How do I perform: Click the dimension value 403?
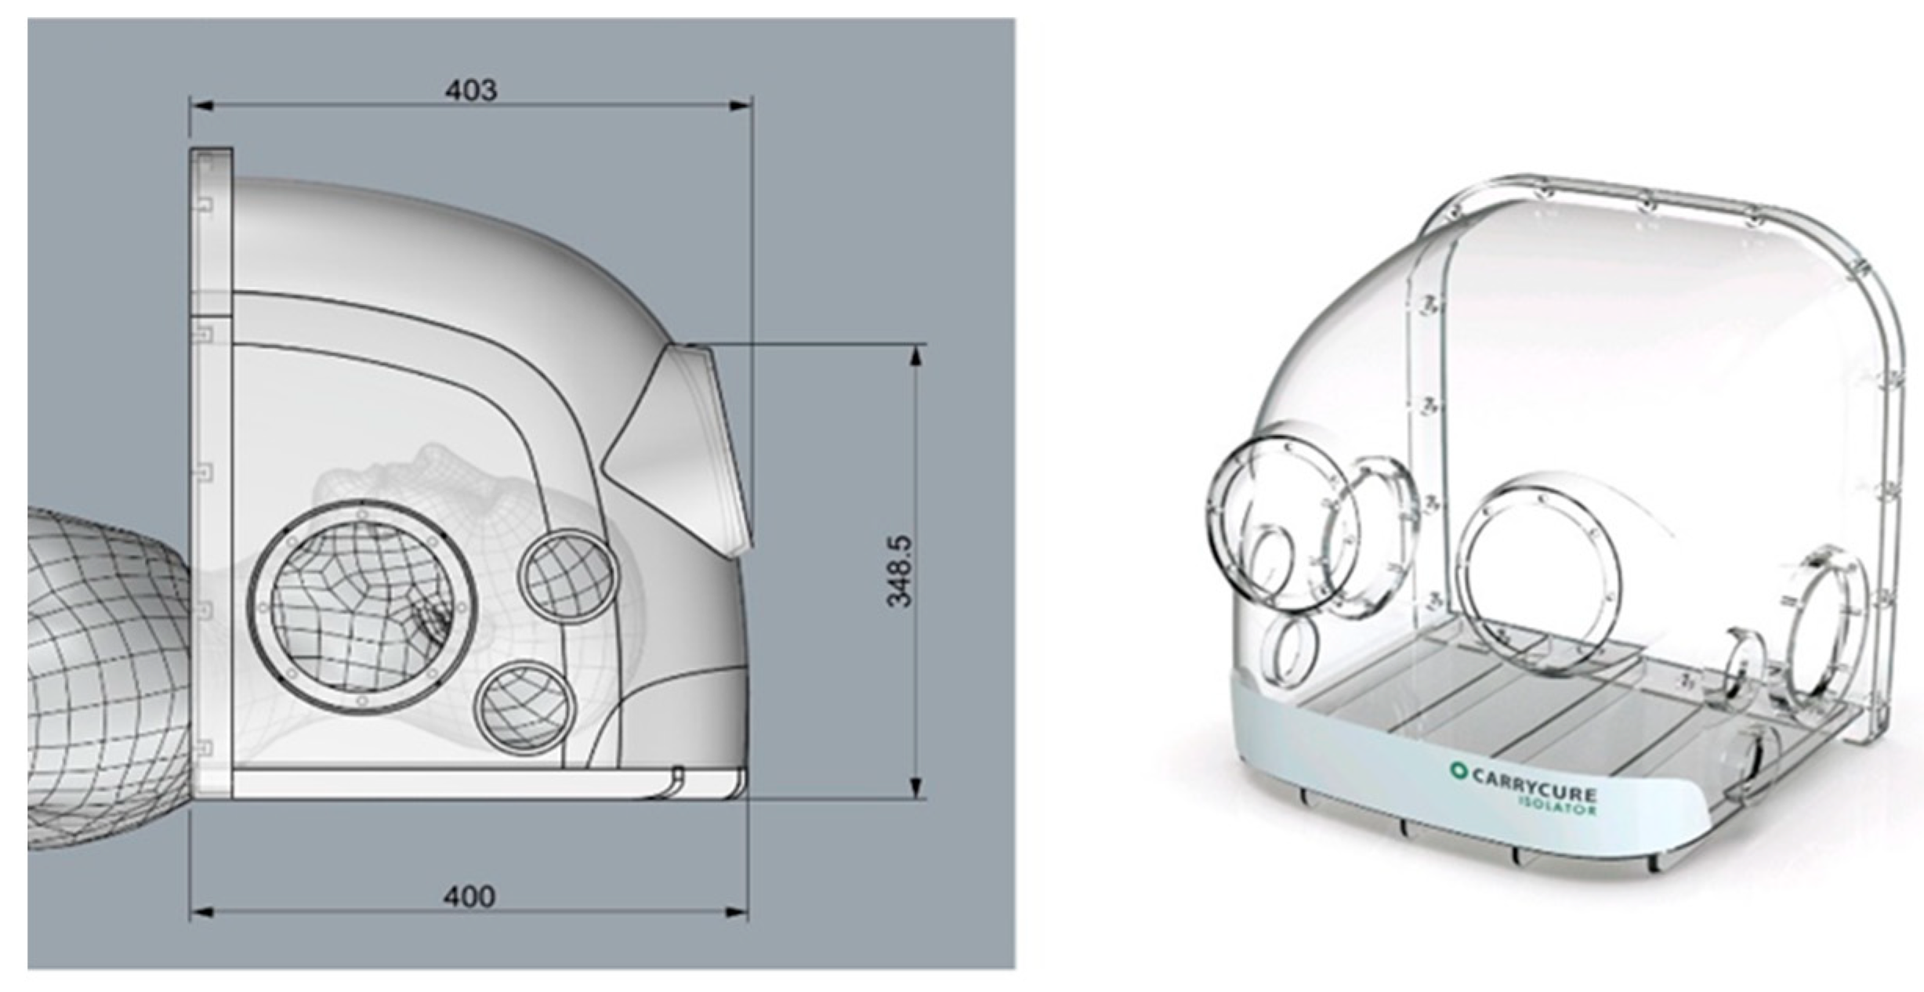pos(471,90)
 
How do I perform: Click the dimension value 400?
pos(469,896)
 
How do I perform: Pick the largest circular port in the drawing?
pos(362,609)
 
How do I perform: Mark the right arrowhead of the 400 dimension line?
pos(737,912)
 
